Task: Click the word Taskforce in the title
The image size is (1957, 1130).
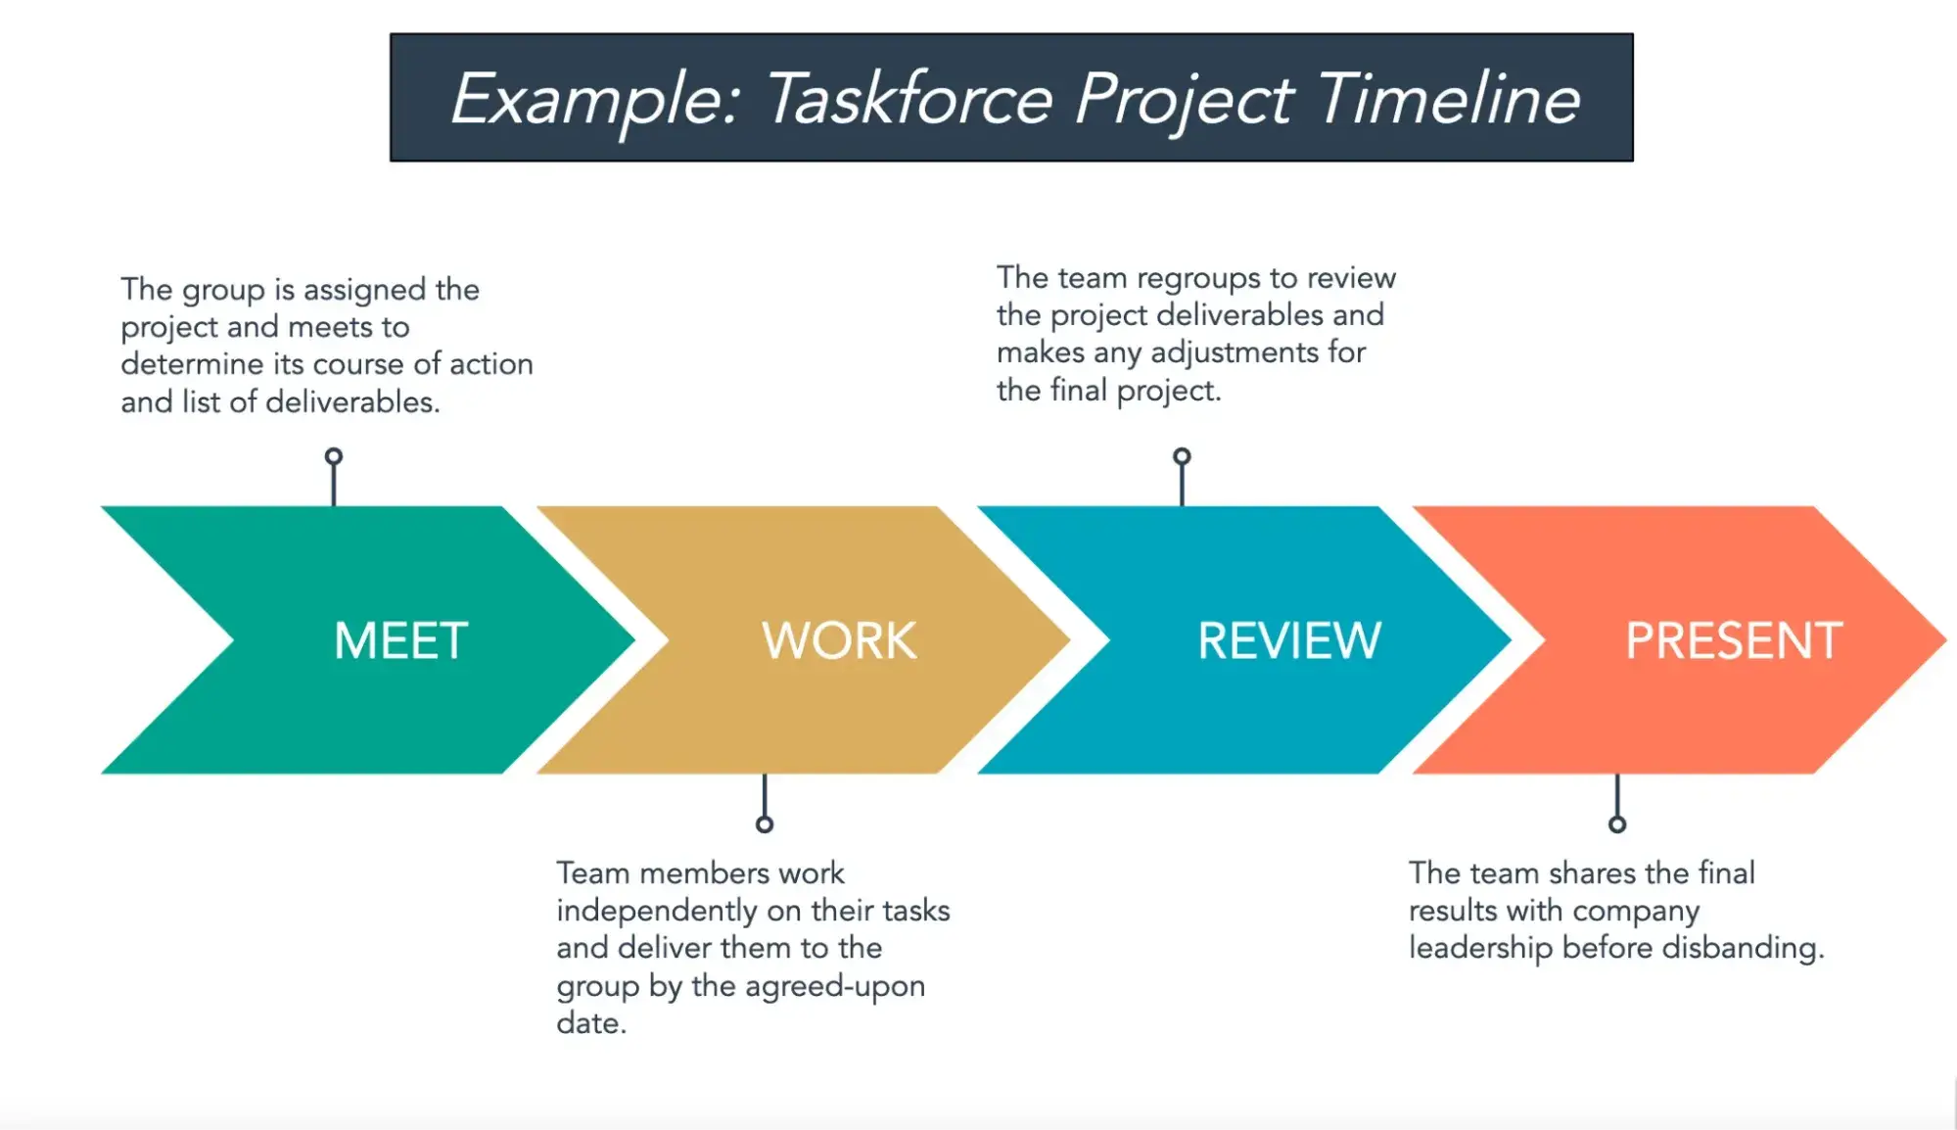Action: click(909, 99)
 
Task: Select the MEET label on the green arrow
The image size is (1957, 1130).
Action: click(400, 641)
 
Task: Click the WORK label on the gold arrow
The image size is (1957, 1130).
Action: click(839, 641)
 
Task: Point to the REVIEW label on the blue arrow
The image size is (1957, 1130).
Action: click(1289, 641)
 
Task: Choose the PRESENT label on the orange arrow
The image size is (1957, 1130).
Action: click(1734, 641)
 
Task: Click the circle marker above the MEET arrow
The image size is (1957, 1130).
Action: click(334, 457)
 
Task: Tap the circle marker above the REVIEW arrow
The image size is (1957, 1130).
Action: click(1182, 457)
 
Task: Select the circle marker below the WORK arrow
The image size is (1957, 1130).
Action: click(765, 824)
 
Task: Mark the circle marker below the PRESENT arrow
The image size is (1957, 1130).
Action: click(1617, 824)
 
